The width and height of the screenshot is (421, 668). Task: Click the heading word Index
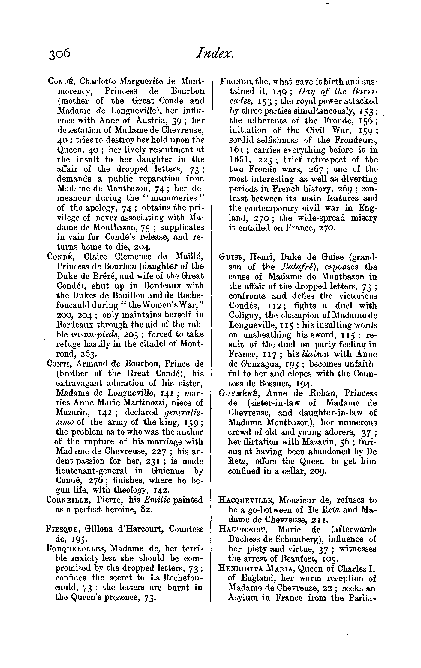214,54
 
